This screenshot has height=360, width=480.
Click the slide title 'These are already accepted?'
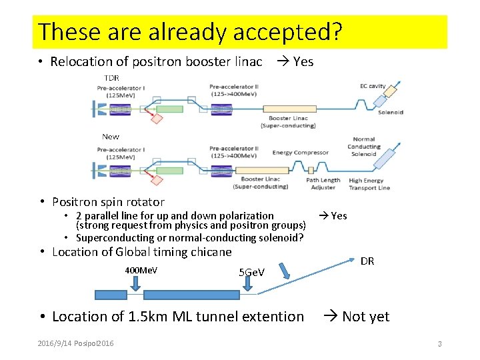click(x=190, y=31)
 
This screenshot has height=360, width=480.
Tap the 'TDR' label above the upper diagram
click(x=111, y=78)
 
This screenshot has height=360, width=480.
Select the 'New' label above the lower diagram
click(x=111, y=137)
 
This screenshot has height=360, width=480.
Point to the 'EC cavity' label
click(x=373, y=87)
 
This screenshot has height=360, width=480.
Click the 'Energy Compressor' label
click(x=301, y=153)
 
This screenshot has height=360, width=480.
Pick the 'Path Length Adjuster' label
click(x=323, y=183)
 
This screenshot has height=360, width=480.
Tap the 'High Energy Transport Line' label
click(x=369, y=183)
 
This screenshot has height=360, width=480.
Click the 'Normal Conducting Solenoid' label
click(x=364, y=147)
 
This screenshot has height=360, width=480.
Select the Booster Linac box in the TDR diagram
click(x=289, y=108)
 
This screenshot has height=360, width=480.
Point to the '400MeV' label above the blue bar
click(x=141, y=270)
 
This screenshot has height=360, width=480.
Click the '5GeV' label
click(x=251, y=273)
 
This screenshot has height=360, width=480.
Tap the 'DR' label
click(x=367, y=261)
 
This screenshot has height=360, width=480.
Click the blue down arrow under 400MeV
click(x=136, y=284)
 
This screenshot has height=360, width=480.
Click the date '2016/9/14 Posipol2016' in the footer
click(x=75, y=343)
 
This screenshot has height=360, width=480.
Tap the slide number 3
click(x=440, y=344)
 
